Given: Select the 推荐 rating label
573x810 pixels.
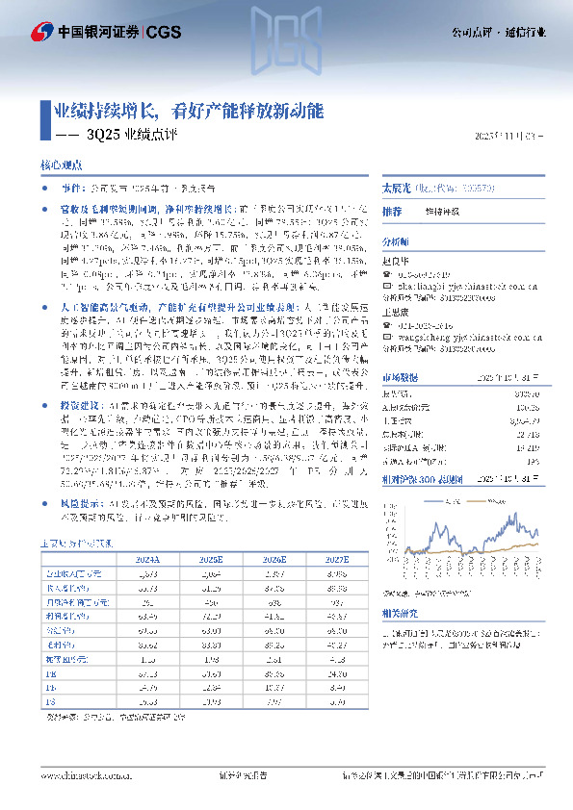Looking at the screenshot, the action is [392, 211].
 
